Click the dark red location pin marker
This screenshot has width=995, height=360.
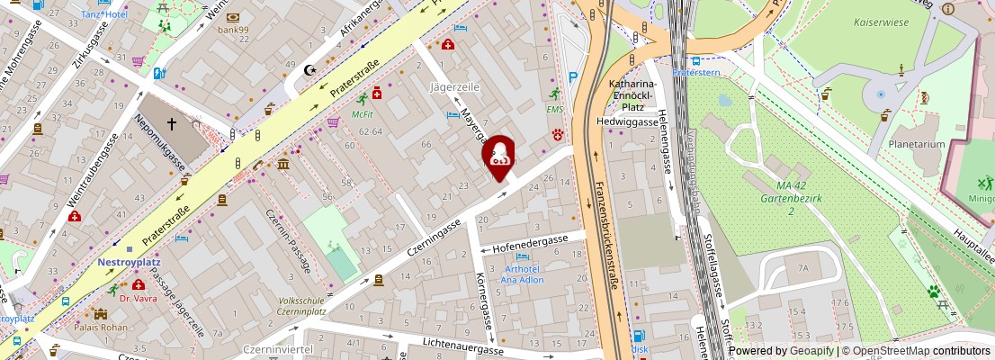click(x=498, y=157)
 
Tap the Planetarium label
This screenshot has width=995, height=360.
click(x=917, y=144)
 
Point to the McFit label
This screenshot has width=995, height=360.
click(x=363, y=114)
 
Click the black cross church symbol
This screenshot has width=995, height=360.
click(x=172, y=124)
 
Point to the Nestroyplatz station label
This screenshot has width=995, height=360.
click(x=128, y=262)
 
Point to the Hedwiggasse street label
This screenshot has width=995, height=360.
click(x=627, y=121)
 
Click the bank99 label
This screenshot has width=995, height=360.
click(x=233, y=30)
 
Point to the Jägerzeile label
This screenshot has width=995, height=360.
click(x=455, y=87)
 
